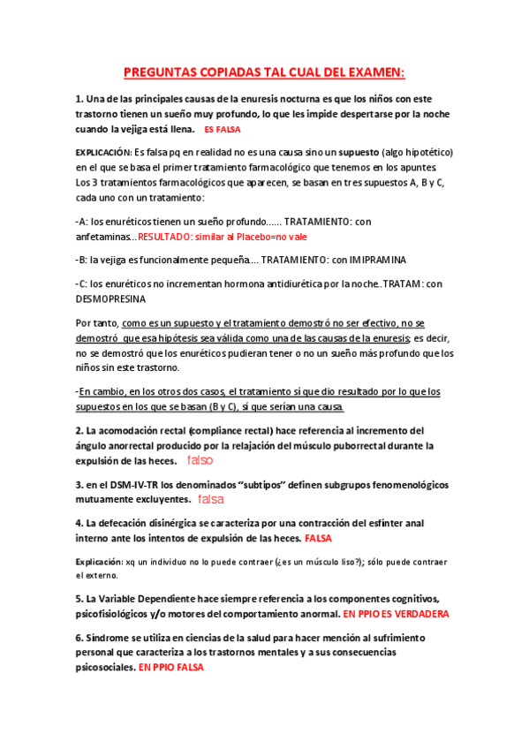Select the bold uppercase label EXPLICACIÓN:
coord(104,151)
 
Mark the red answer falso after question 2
coord(200,461)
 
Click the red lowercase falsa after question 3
coord(210,500)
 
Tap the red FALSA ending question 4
coord(318,538)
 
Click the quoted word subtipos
coord(264,485)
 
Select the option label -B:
coord(82,261)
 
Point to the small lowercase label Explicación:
coord(97,561)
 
